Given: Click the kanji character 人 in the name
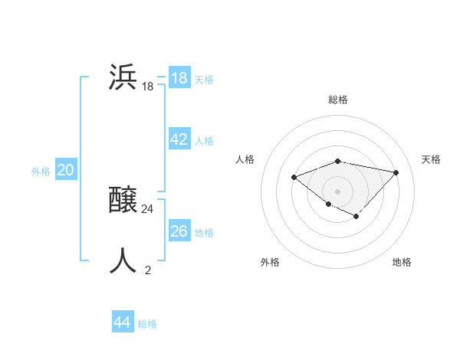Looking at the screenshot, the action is (123, 260).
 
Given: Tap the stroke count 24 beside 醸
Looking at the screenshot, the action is (148, 208).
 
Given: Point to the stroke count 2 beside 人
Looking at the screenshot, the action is (148, 270).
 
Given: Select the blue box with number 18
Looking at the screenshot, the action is (179, 78).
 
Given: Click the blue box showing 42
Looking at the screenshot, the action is (179, 139).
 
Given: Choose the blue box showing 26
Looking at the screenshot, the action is (179, 231).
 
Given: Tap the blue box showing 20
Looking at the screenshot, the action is (66, 170).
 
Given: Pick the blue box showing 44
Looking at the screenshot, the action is (122, 322).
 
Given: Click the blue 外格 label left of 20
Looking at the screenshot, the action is (41, 172).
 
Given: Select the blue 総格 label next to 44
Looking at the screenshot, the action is (147, 324).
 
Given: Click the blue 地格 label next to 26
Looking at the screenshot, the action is (204, 232).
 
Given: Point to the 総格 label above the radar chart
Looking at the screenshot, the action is (338, 100).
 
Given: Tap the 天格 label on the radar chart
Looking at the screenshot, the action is (431, 159).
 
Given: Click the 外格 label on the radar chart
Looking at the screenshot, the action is (270, 262).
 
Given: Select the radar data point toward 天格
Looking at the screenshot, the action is (396, 172).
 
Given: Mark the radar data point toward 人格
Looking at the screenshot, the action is (294, 177).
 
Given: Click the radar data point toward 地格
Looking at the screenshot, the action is (356, 217).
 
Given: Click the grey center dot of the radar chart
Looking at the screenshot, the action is (338, 191).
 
